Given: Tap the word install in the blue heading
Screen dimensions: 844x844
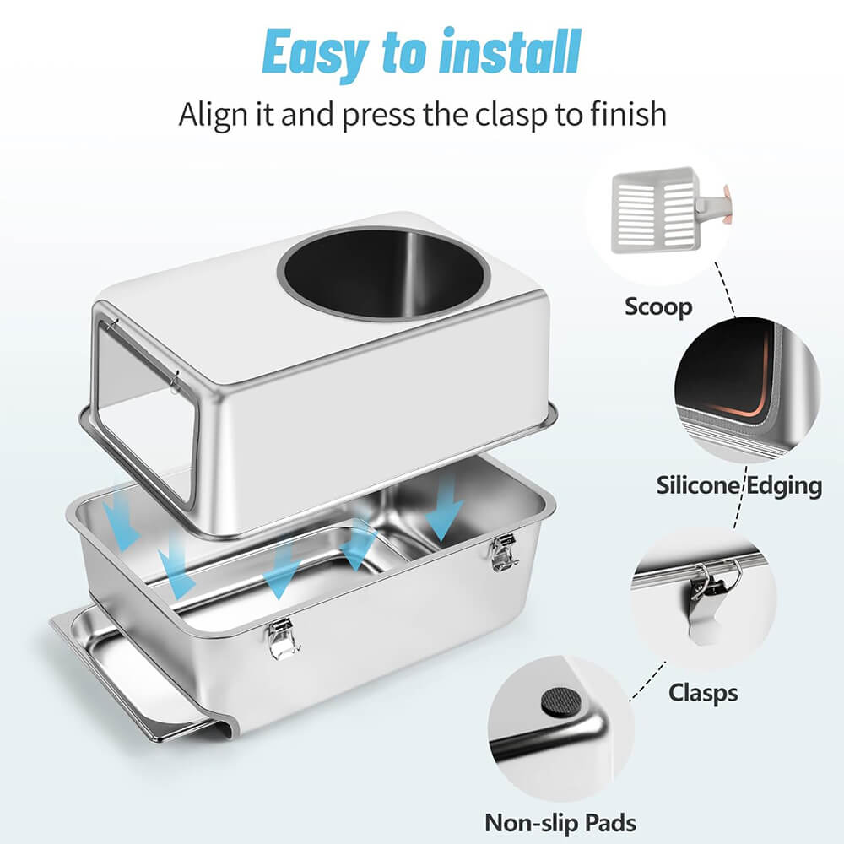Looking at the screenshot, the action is click(x=510, y=51).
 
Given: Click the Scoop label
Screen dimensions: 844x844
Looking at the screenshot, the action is click(x=658, y=307).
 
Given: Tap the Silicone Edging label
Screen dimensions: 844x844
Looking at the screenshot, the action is click(x=739, y=485).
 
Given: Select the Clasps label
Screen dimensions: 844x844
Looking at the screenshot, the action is click(x=703, y=693).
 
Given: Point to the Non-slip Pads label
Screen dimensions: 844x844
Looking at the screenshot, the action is click(x=560, y=823).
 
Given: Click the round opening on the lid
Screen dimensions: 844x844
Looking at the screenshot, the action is click(x=384, y=273).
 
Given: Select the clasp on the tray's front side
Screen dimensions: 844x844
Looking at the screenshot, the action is click(x=281, y=638).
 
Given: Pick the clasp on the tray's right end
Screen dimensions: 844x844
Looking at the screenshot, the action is click(x=503, y=552).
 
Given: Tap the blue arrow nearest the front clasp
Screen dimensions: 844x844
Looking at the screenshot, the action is click(x=281, y=571).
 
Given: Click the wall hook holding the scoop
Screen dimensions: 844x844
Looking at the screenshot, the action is click(x=714, y=203).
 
